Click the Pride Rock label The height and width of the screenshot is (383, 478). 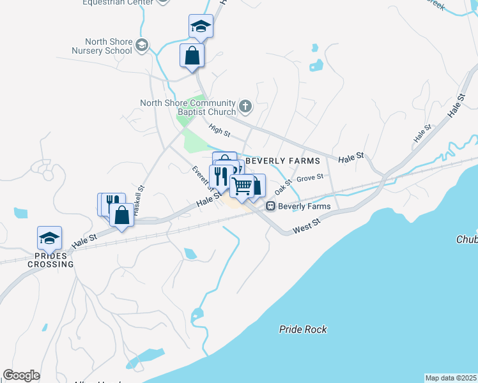[x=303, y=329]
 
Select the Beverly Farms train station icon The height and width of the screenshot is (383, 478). [x=271, y=206]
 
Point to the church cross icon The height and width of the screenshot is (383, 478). [x=245, y=105]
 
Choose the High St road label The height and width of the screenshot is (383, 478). [x=219, y=131]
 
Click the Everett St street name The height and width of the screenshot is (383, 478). [x=201, y=178]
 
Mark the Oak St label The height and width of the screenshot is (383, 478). [x=283, y=186]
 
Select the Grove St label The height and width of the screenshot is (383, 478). [x=311, y=177]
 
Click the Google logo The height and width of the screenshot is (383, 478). [x=21, y=375]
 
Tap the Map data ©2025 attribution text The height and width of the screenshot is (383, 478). [x=451, y=378]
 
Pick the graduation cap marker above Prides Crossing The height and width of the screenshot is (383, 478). [x=49, y=238]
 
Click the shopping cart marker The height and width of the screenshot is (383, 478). [x=243, y=186]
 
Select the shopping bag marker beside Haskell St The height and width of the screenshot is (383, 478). [x=121, y=214]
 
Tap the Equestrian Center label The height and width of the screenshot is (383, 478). [x=118, y=3]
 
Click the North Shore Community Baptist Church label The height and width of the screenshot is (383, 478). [x=188, y=108]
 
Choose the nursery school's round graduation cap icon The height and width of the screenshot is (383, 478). [x=142, y=45]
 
